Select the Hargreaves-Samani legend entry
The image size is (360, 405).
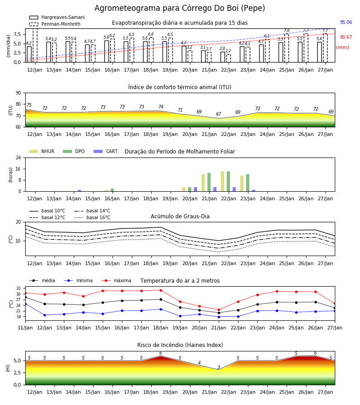tap(57, 17)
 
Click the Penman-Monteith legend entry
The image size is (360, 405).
tap(55, 24)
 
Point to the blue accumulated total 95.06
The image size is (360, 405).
tap(346, 22)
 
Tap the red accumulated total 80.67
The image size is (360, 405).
tap(346, 37)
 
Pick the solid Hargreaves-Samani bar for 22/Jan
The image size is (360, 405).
tap(223, 57)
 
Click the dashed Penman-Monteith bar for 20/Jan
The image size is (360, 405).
tap(190, 56)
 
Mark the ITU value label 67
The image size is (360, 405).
tap(219, 114)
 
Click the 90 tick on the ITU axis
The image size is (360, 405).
tap(18, 93)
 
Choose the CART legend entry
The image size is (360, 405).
tap(106, 151)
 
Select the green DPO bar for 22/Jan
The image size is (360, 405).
tap(228, 181)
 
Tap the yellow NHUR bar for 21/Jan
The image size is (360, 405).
tap(203, 183)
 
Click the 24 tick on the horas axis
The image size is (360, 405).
tap(18, 157)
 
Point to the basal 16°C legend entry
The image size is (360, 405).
tap(92, 217)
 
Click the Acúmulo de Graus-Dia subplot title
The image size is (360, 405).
tap(180, 216)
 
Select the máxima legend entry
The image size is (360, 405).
tap(117, 280)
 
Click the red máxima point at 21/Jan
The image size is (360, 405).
tap(219, 310)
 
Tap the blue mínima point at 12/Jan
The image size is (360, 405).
tap(45, 315)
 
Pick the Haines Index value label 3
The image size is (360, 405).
tap(219, 367)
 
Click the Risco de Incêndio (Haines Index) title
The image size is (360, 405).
tap(180, 345)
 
